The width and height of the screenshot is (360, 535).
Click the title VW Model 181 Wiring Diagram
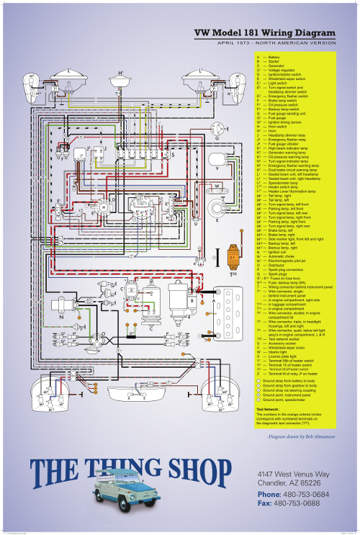tap(266, 34)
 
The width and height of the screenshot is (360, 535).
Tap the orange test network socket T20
tap(232, 259)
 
